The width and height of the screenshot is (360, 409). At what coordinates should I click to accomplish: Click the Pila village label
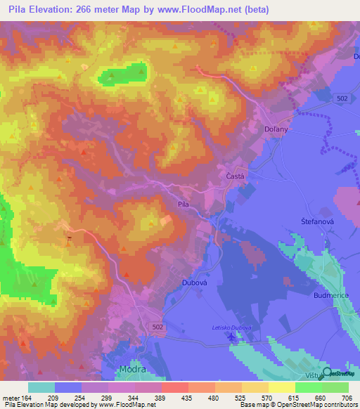point(183,204)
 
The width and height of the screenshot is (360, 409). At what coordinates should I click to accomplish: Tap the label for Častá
point(234,176)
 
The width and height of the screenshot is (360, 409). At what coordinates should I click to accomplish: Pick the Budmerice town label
point(332,297)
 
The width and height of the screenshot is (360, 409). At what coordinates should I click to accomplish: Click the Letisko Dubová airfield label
point(231,327)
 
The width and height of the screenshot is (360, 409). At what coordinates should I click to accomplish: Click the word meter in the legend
point(11,397)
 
